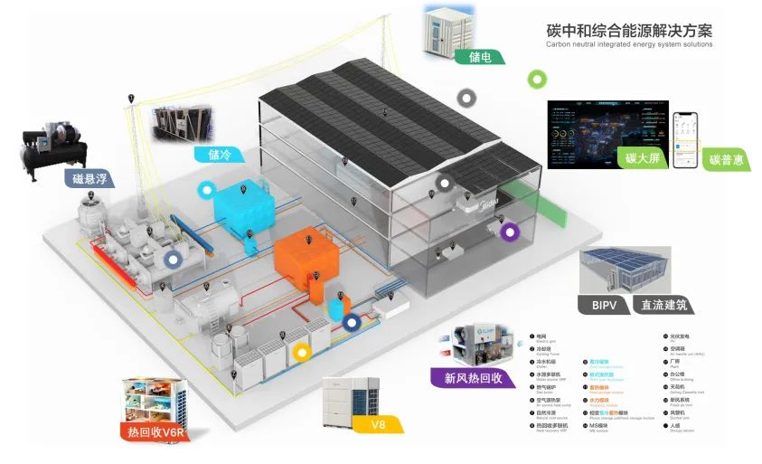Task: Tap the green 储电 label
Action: click(x=481, y=57)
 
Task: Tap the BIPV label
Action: click(x=603, y=305)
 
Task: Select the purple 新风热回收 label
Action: click(x=472, y=377)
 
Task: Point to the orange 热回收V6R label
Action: click(x=153, y=432)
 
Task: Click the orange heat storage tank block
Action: click(x=306, y=255)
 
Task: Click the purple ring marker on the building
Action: click(x=511, y=232)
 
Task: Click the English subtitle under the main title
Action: click(x=629, y=43)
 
